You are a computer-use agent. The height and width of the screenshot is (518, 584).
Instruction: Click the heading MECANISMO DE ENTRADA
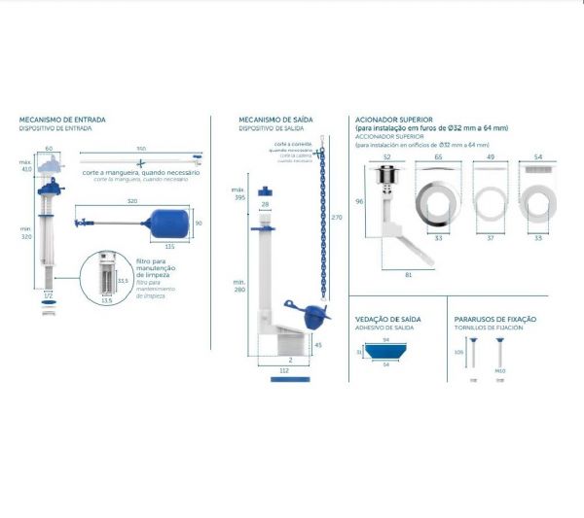(62, 121)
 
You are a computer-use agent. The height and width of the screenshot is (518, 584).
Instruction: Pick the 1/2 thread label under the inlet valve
(48, 295)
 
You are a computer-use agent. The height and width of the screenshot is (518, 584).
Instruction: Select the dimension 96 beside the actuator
(359, 201)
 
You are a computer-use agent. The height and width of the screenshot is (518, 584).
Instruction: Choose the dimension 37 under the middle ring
(490, 236)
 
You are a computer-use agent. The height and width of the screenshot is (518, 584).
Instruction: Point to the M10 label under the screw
(501, 370)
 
